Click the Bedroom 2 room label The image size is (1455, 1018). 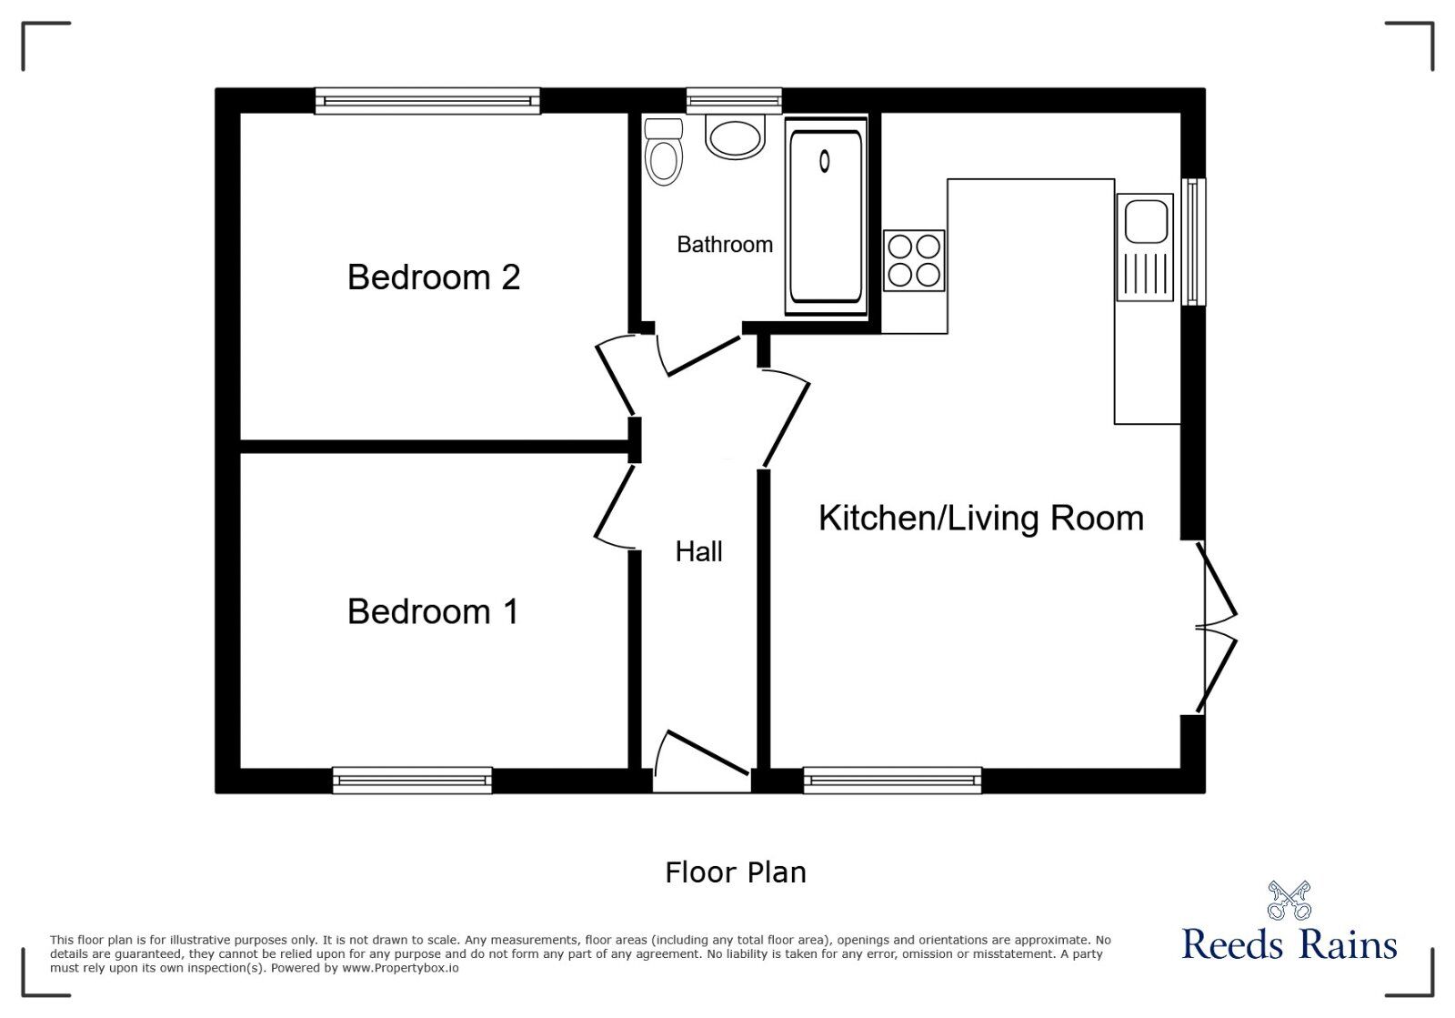click(434, 277)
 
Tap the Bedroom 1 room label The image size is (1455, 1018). click(434, 611)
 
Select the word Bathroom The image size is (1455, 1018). click(725, 245)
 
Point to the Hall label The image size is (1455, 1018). click(698, 551)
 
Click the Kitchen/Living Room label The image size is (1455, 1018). click(980, 519)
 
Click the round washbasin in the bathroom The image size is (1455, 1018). click(735, 139)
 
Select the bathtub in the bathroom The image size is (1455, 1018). click(826, 216)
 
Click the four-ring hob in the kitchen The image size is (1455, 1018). click(914, 260)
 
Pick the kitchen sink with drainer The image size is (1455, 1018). click(1145, 247)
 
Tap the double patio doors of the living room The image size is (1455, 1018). click(1217, 628)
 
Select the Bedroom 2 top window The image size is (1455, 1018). click(427, 101)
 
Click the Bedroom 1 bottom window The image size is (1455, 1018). click(412, 780)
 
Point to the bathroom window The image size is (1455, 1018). click(734, 100)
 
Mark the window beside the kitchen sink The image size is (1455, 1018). click(1193, 241)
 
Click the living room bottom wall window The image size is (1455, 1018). click(892, 780)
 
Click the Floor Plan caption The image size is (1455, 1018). click(735, 872)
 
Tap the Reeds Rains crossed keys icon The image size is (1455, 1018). click(1289, 900)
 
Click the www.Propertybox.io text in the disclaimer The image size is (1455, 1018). click(400, 968)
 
